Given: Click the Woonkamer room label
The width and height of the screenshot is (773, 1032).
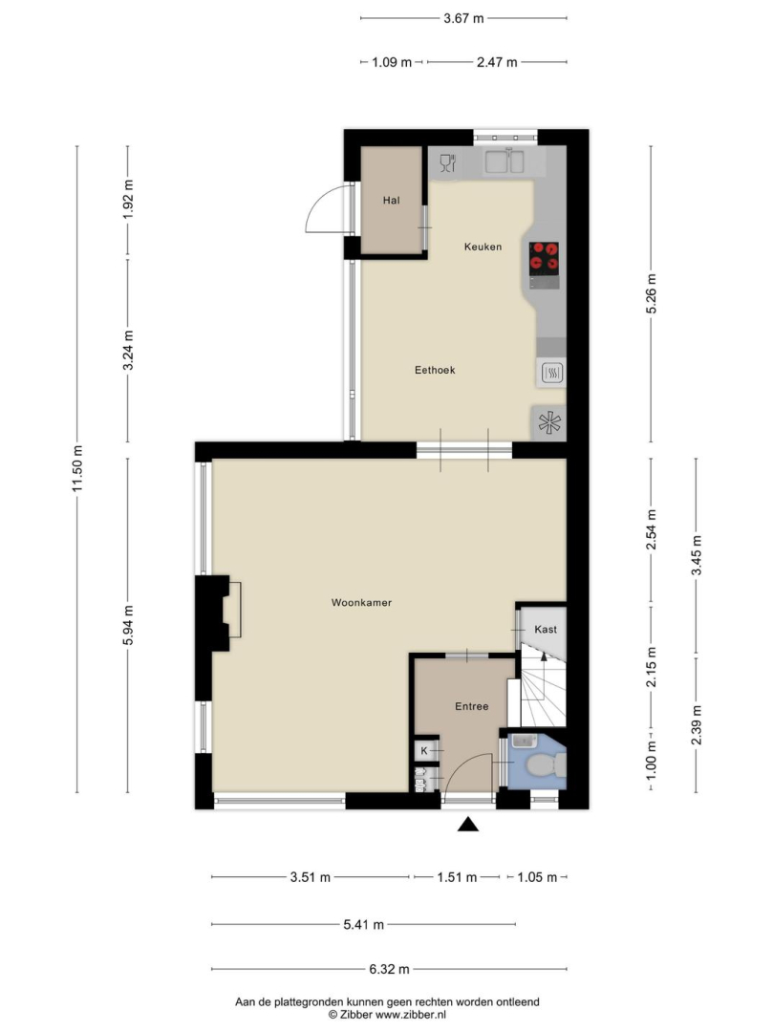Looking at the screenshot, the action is click(361, 602).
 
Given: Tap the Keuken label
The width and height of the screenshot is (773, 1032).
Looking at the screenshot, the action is click(483, 247).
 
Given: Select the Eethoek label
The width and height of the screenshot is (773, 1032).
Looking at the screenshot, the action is click(435, 370).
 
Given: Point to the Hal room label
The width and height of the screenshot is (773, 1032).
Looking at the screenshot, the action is click(392, 200).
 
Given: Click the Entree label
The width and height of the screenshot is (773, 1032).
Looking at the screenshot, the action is click(472, 706).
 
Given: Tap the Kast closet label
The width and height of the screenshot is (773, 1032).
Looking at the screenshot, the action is click(546, 629).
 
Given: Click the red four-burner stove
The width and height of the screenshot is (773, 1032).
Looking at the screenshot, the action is click(544, 258).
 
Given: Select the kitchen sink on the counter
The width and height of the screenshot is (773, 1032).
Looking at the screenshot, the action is click(505, 161).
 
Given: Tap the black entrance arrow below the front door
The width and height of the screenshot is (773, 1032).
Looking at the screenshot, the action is click(468, 824).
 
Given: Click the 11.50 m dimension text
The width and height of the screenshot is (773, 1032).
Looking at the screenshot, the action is click(77, 468).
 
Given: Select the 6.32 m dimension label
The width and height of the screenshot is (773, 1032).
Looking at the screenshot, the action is click(389, 969).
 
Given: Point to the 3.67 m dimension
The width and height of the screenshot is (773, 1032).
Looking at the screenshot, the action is click(463, 18).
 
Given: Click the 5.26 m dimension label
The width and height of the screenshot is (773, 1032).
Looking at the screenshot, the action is click(652, 293).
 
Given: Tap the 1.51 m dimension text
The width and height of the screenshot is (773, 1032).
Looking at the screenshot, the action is click(457, 877).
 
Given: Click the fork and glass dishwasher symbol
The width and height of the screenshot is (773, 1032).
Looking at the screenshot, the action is click(447, 162).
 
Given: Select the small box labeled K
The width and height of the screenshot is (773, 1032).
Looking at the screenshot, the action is click(424, 750).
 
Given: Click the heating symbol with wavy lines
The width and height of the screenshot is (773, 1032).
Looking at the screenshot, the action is click(552, 375).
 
